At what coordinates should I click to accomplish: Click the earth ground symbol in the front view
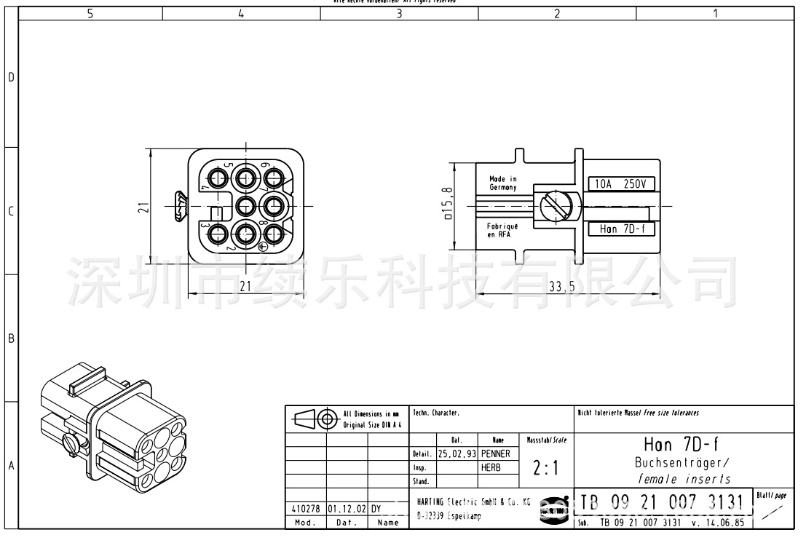click(264, 247)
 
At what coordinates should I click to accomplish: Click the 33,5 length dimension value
click(561, 287)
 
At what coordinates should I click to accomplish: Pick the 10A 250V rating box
click(620, 184)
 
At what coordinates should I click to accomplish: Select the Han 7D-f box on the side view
click(620, 229)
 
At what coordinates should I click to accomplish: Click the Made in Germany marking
click(502, 183)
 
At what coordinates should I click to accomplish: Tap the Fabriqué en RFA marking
click(502, 230)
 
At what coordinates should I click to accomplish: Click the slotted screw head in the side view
click(555, 207)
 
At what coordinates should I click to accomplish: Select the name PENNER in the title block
click(496, 453)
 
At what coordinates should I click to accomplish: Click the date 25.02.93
click(457, 453)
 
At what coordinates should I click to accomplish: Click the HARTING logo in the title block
click(558, 510)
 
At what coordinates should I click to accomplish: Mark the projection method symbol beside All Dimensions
click(314, 419)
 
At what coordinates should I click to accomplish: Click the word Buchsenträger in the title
click(681, 463)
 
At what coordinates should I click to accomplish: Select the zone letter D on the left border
click(10, 77)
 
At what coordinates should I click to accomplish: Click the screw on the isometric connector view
click(70, 441)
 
